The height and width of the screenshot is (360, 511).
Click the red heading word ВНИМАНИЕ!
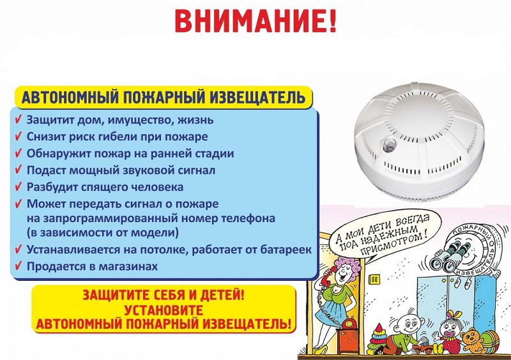click(255, 20)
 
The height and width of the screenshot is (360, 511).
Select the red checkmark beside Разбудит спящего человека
click(19, 186)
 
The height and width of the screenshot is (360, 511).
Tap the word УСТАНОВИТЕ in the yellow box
click(164, 310)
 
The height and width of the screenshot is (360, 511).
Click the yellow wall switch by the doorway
click(373, 279)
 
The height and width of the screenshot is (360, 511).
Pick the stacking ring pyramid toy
click(377, 337)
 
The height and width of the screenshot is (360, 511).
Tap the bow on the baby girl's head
click(454, 315)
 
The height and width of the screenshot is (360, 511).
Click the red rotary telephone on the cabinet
click(349, 324)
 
